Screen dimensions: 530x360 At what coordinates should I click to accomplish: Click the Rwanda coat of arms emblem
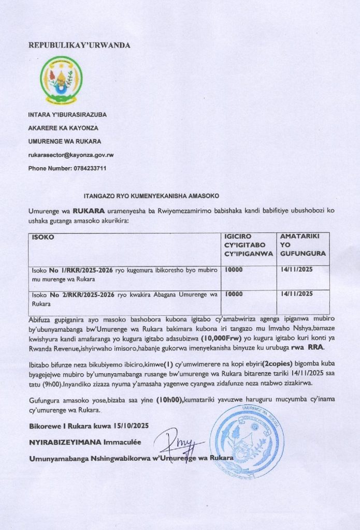click(61, 80)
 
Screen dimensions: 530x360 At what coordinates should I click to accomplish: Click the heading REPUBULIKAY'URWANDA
click(79, 45)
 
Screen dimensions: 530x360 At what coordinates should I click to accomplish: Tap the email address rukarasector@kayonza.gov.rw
click(71, 155)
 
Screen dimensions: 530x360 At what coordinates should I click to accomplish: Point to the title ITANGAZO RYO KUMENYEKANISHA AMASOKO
click(151, 196)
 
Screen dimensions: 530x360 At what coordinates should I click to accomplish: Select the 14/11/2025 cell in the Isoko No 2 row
click(297, 294)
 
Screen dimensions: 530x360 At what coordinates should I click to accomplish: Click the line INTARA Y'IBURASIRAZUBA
click(67, 114)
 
